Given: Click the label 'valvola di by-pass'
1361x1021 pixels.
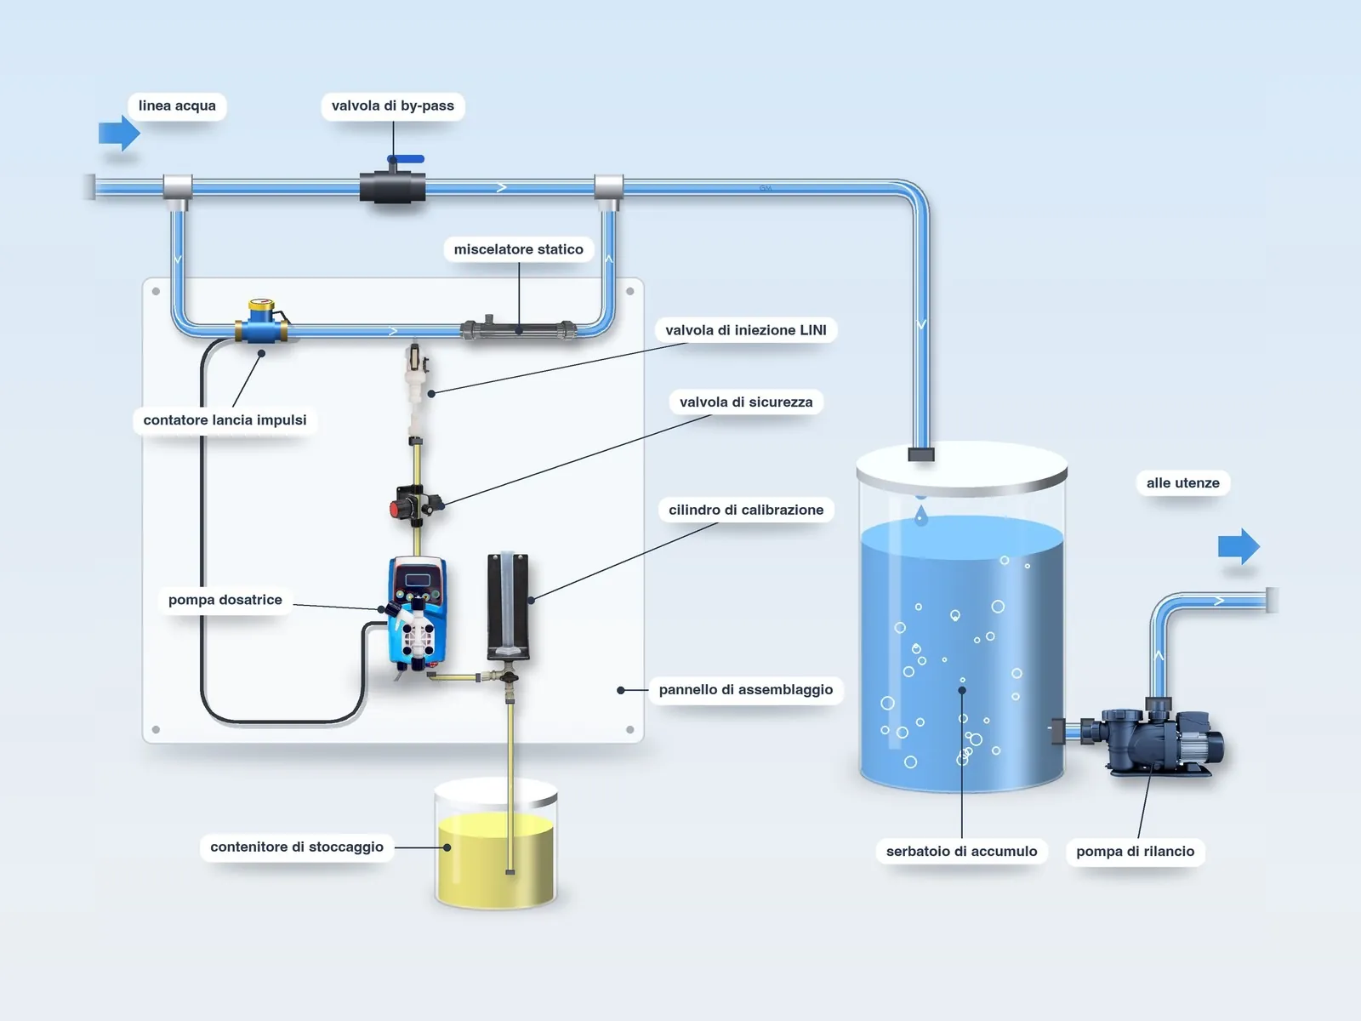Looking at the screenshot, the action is [392, 106].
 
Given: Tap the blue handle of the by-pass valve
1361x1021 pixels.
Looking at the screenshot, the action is [407, 159].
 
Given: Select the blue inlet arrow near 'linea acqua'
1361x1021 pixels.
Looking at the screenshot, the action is [119, 133].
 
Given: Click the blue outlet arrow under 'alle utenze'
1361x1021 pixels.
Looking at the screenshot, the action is [1239, 546].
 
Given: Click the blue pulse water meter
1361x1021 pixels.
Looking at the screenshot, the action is [261, 322].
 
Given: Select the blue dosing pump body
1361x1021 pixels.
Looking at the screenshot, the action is [416, 613].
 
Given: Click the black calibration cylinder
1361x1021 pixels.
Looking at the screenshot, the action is [508, 606].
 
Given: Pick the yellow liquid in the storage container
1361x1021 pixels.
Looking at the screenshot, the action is [495, 859].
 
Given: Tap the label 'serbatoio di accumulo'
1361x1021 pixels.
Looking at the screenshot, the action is [961, 851].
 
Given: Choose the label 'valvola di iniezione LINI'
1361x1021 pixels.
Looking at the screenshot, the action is [746, 330].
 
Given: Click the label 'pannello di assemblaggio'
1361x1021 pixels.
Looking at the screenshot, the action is [745, 690].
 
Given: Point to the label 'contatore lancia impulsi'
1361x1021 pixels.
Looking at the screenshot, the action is [225, 420].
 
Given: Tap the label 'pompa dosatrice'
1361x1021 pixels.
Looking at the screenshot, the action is [225, 600].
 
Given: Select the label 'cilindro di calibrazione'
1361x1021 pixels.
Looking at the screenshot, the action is [746, 510].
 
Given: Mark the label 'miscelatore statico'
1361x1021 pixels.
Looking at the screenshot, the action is [518, 249].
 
